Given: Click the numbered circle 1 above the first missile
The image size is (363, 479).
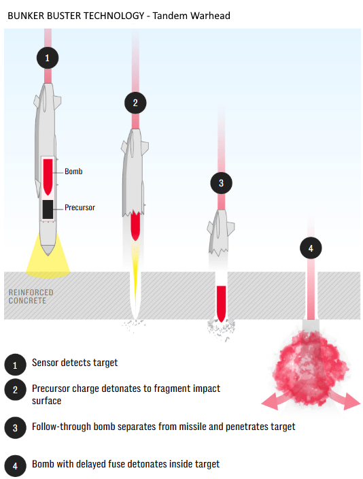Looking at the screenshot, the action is (48, 58).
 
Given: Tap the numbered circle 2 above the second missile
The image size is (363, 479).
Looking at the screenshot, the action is (135, 103).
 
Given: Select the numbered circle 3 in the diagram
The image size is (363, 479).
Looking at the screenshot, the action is (222, 183).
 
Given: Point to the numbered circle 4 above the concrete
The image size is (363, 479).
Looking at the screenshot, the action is (311, 248).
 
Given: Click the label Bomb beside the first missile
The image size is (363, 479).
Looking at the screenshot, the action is (73, 171).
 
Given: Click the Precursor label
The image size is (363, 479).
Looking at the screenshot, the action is (80, 208).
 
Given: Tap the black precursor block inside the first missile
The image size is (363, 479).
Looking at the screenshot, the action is (48, 210).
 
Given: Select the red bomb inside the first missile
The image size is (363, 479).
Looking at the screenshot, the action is (48, 177).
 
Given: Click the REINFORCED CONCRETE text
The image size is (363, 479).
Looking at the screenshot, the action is (31, 297).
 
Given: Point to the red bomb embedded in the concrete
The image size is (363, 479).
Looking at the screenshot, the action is (222, 303).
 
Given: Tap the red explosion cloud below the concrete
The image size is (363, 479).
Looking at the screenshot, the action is (311, 368).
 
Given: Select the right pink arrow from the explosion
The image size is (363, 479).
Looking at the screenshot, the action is (347, 401).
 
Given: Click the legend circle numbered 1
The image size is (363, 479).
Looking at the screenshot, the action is (15, 365).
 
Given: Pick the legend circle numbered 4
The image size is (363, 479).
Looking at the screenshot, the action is (15, 466).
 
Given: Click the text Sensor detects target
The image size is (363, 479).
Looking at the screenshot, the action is (75, 363).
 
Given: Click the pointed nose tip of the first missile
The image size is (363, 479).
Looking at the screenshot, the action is (48, 254).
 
